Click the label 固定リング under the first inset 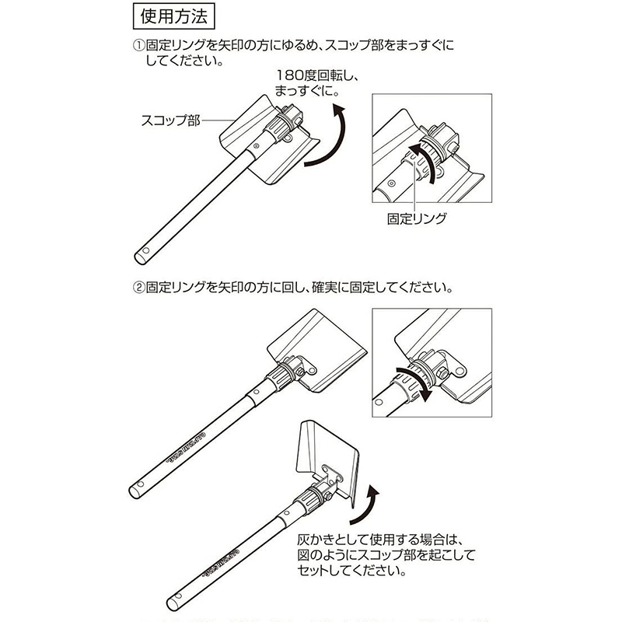417,219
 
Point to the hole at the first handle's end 145,253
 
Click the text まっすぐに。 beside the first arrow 307,93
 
